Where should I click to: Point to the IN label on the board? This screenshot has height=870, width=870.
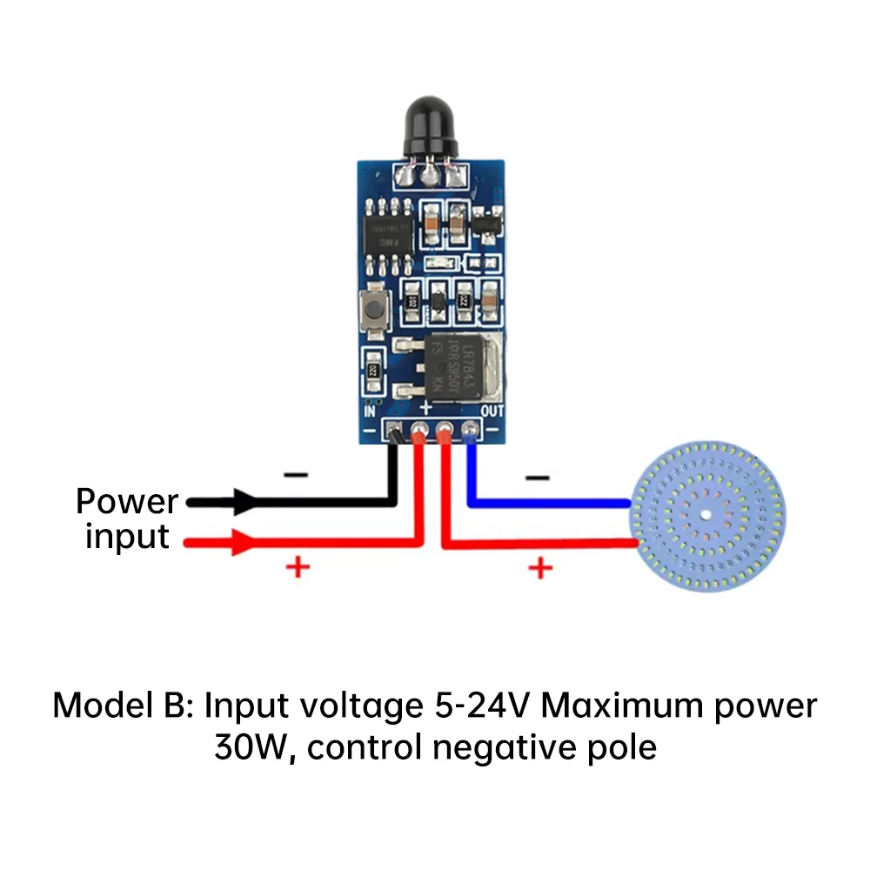click(369, 410)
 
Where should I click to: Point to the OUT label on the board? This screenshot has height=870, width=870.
click(492, 410)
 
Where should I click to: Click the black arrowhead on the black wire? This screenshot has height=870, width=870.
click(243, 502)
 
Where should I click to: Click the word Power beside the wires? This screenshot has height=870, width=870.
click(127, 502)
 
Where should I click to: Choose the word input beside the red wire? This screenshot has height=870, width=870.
click(127, 537)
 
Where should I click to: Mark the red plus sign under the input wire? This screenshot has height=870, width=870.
click(298, 568)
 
